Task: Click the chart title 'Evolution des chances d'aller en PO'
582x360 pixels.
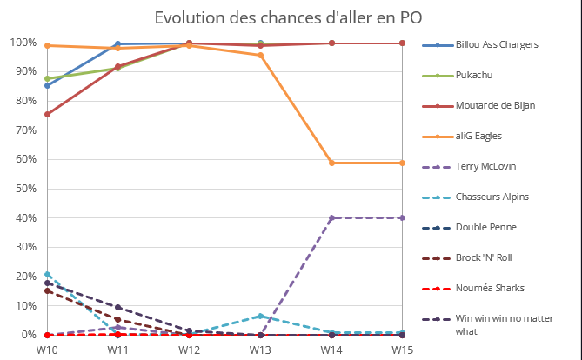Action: coord(291,18)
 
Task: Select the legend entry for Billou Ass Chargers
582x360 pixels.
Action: coord(492,44)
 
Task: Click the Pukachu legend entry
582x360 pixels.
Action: coord(474,75)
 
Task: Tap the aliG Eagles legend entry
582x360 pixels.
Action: coord(478,136)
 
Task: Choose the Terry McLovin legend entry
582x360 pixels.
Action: coord(485,166)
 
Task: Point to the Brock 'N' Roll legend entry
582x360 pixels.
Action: coord(485,257)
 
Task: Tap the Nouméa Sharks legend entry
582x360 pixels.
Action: coord(488,288)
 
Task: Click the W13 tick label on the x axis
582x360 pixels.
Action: coord(260,349)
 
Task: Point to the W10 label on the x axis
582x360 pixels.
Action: coord(47,349)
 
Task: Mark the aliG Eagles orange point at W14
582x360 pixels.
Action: coord(331,163)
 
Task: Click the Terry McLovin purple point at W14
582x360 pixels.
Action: coord(331,218)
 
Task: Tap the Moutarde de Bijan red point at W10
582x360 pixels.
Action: coord(47,114)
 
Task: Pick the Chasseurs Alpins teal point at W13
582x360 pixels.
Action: coord(260,316)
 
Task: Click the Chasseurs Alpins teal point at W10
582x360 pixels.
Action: coord(47,274)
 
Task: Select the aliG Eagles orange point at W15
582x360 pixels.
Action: coord(403,163)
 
